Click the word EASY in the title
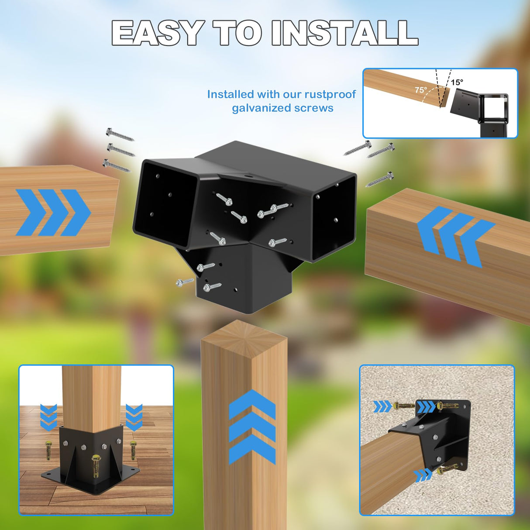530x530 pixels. [157, 33]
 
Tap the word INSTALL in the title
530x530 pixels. [344, 33]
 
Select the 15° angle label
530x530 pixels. [457, 82]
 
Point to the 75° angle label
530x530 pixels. [421, 90]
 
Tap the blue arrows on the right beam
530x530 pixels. [454, 236]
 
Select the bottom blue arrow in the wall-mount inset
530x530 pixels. [423, 475]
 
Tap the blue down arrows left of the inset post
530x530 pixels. [48, 417]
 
